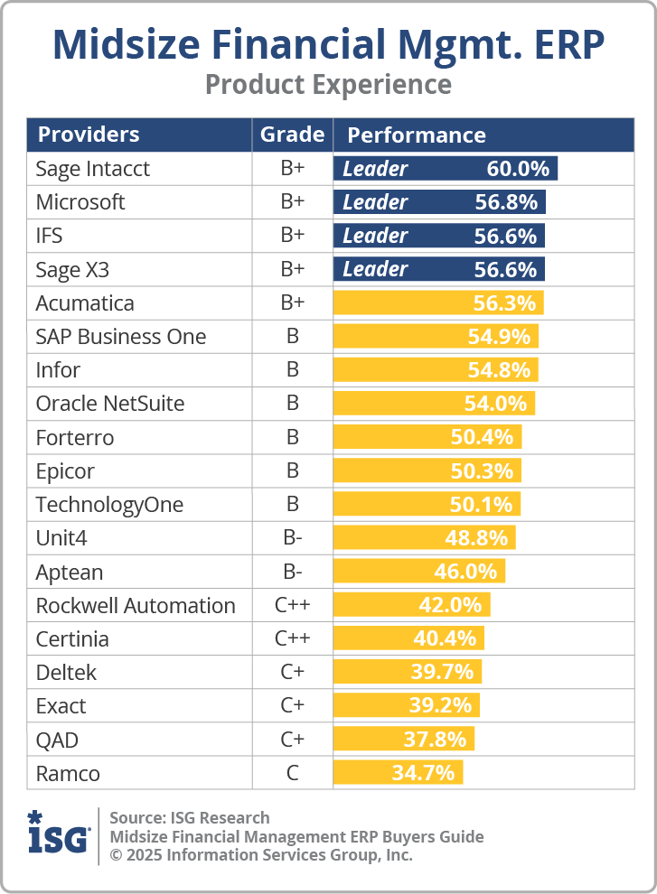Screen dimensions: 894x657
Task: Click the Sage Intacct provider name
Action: [93, 169]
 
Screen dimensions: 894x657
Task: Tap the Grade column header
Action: [292, 135]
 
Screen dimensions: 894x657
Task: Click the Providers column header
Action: [89, 135]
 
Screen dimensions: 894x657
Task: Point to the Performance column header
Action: [417, 135]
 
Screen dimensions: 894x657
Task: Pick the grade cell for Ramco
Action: [292, 773]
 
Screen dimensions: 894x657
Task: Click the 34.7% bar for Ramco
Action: [399, 773]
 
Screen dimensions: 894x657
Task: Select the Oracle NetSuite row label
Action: [110, 404]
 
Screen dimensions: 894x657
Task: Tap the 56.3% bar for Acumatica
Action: [438, 303]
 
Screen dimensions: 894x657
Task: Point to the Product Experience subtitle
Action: [328, 84]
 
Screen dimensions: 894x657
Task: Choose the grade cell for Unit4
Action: [292, 538]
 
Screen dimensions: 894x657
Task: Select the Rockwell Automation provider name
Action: [136, 605]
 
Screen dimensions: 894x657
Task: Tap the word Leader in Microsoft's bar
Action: [375, 202]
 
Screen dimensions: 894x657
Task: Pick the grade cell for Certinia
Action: [292, 638]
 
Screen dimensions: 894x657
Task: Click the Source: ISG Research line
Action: [190, 817]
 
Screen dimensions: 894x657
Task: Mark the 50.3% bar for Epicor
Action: [427, 470]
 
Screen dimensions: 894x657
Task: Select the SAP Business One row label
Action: [121, 337]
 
